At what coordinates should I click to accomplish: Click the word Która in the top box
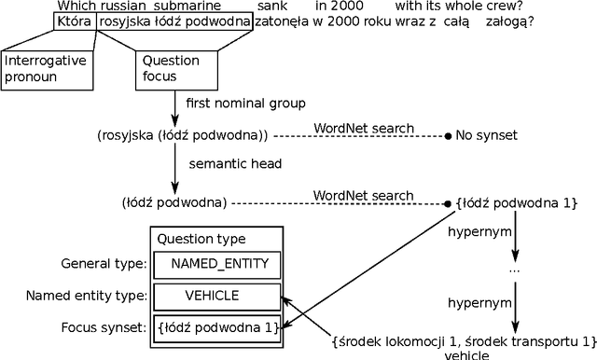coord(75,21)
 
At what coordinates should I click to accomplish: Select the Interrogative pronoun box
coord(47,68)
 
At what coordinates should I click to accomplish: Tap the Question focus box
coord(170,68)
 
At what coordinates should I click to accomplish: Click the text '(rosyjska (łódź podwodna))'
coord(182,135)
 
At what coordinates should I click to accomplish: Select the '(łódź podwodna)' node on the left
coord(175,202)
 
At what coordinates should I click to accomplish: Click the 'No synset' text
coord(487,135)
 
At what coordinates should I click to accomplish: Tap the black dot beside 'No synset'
coord(448,136)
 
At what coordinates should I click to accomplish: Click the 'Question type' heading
coord(201,239)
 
